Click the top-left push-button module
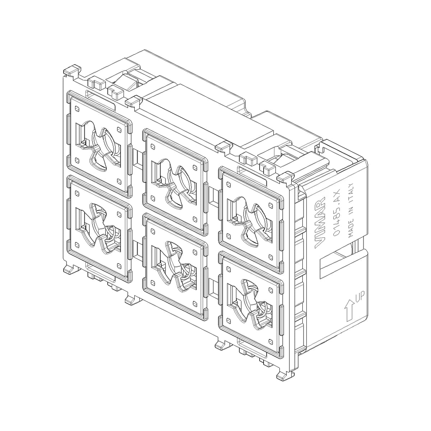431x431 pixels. [x=100, y=144]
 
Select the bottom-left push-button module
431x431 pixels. [x=100, y=229]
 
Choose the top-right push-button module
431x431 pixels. [x=251, y=220]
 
